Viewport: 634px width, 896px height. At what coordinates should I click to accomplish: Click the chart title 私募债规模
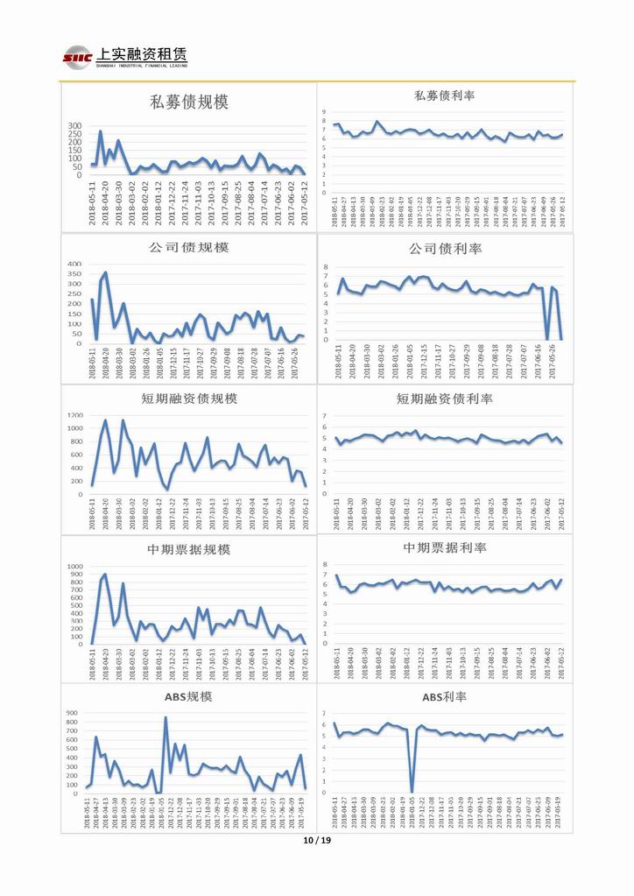tap(189, 102)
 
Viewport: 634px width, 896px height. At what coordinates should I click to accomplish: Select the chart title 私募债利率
tap(445, 95)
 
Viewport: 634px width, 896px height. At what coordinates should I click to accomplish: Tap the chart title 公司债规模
tap(188, 247)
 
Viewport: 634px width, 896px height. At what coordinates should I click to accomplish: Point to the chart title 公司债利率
tap(445, 249)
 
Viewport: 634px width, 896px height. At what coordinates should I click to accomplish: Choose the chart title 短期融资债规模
tap(189, 399)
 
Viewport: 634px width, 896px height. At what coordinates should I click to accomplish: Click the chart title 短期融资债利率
tap(445, 399)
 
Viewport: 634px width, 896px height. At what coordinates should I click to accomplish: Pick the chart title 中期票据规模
tap(189, 549)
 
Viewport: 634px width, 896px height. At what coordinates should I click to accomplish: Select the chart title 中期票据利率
tap(445, 547)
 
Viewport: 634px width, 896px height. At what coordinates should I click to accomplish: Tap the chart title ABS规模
tap(188, 697)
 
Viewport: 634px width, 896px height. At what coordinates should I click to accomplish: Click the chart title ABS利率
tap(445, 697)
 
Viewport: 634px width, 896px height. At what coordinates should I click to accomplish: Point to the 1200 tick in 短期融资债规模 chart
tap(73, 415)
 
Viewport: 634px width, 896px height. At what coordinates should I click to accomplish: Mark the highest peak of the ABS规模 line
tap(166, 717)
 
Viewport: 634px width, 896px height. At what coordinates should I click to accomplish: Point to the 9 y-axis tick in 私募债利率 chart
tap(326, 111)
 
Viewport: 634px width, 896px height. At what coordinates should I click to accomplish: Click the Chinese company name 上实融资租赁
tap(132, 53)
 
